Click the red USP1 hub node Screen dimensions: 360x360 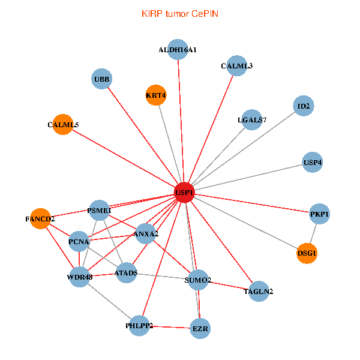click(x=185, y=193)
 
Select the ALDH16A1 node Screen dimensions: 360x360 click(x=178, y=49)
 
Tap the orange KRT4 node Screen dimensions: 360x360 click(x=156, y=95)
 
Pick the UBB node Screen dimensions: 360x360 click(x=102, y=79)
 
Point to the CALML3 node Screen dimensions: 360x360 click(x=236, y=65)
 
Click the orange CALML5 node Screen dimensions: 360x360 click(x=62, y=124)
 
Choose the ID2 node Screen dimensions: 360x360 click(x=304, y=106)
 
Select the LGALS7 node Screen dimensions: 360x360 click(x=252, y=119)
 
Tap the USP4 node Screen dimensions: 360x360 click(x=312, y=162)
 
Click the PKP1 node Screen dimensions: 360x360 click(x=319, y=214)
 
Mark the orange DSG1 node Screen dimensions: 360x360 click(x=307, y=253)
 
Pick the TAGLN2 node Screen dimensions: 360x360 click(x=259, y=291)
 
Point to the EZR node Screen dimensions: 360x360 click(x=200, y=329)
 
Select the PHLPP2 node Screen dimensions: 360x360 click(x=139, y=326)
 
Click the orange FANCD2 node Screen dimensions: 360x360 click(x=40, y=218)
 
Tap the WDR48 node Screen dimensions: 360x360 click(x=79, y=277)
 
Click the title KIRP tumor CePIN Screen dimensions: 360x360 click(x=180, y=14)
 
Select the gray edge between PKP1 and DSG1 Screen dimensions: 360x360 click(x=313, y=233)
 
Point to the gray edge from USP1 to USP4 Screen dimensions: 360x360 click(x=248, y=177)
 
